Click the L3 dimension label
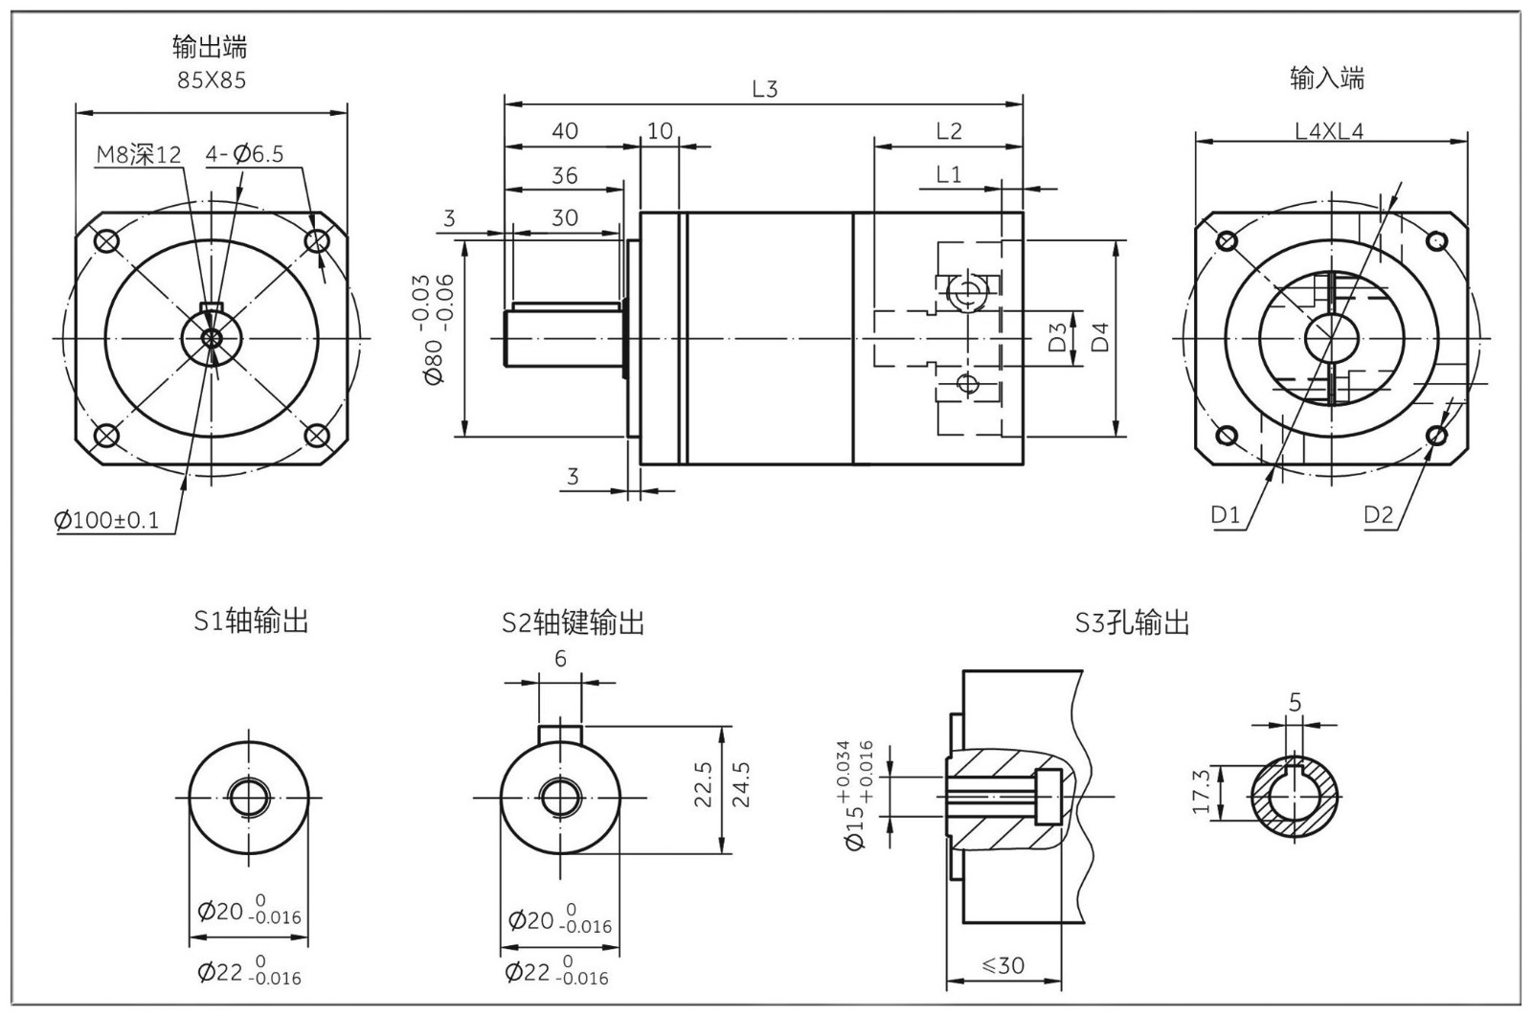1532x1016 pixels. tap(764, 89)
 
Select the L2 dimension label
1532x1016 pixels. tap(948, 131)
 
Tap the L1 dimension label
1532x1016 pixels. tap(948, 174)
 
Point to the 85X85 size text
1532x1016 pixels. tap(212, 80)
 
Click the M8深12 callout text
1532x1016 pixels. tap(139, 154)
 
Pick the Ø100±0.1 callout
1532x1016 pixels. tap(107, 521)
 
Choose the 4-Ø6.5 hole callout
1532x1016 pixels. tap(244, 154)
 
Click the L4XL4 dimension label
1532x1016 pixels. tap(1329, 131)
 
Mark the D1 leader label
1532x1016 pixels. tap(1226, 515)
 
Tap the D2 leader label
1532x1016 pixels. tap(1379, 515)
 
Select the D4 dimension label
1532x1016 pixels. tap(1102, 337)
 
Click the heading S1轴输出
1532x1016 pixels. tap(251, 621)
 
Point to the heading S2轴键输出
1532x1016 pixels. tap(573, 623)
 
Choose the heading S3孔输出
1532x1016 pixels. tap(1132, 623)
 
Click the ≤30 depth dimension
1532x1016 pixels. tap(1003, 965)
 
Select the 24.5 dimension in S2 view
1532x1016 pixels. tap(739, 784)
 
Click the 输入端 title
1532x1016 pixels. tap(1327, 79)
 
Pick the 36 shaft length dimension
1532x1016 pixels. tap(565, 175)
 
